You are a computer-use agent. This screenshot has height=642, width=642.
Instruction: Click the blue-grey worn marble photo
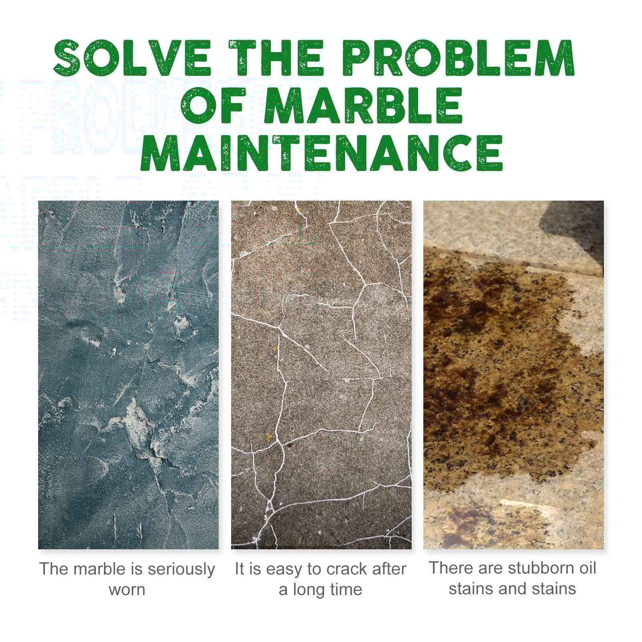tap(128, 375)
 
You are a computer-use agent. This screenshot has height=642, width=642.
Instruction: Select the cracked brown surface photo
tap(321, 375)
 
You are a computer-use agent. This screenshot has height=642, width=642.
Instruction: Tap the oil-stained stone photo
tap(514, 375)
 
